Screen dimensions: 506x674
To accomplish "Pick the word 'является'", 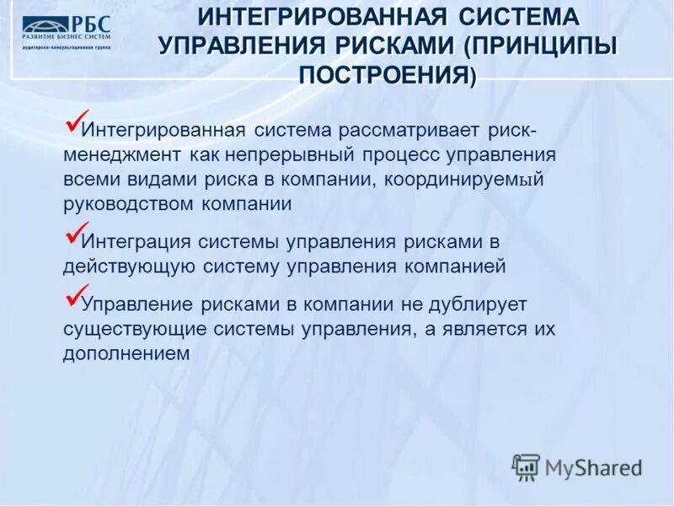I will [x=477, y=329].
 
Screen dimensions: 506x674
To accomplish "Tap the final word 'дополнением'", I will [x=124, y=353].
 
